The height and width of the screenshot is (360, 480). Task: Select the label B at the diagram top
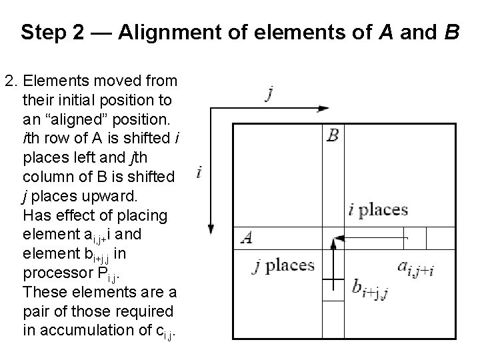coord(333,136)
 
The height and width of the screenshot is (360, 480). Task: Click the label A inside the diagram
coord(247,237)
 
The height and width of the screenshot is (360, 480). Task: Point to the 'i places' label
coord(378,210)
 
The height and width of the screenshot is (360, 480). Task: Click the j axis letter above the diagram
coord(269,94)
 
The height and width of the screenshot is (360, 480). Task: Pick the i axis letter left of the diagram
coord(199,173)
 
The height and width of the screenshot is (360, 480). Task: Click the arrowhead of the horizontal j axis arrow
coord(325,108)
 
